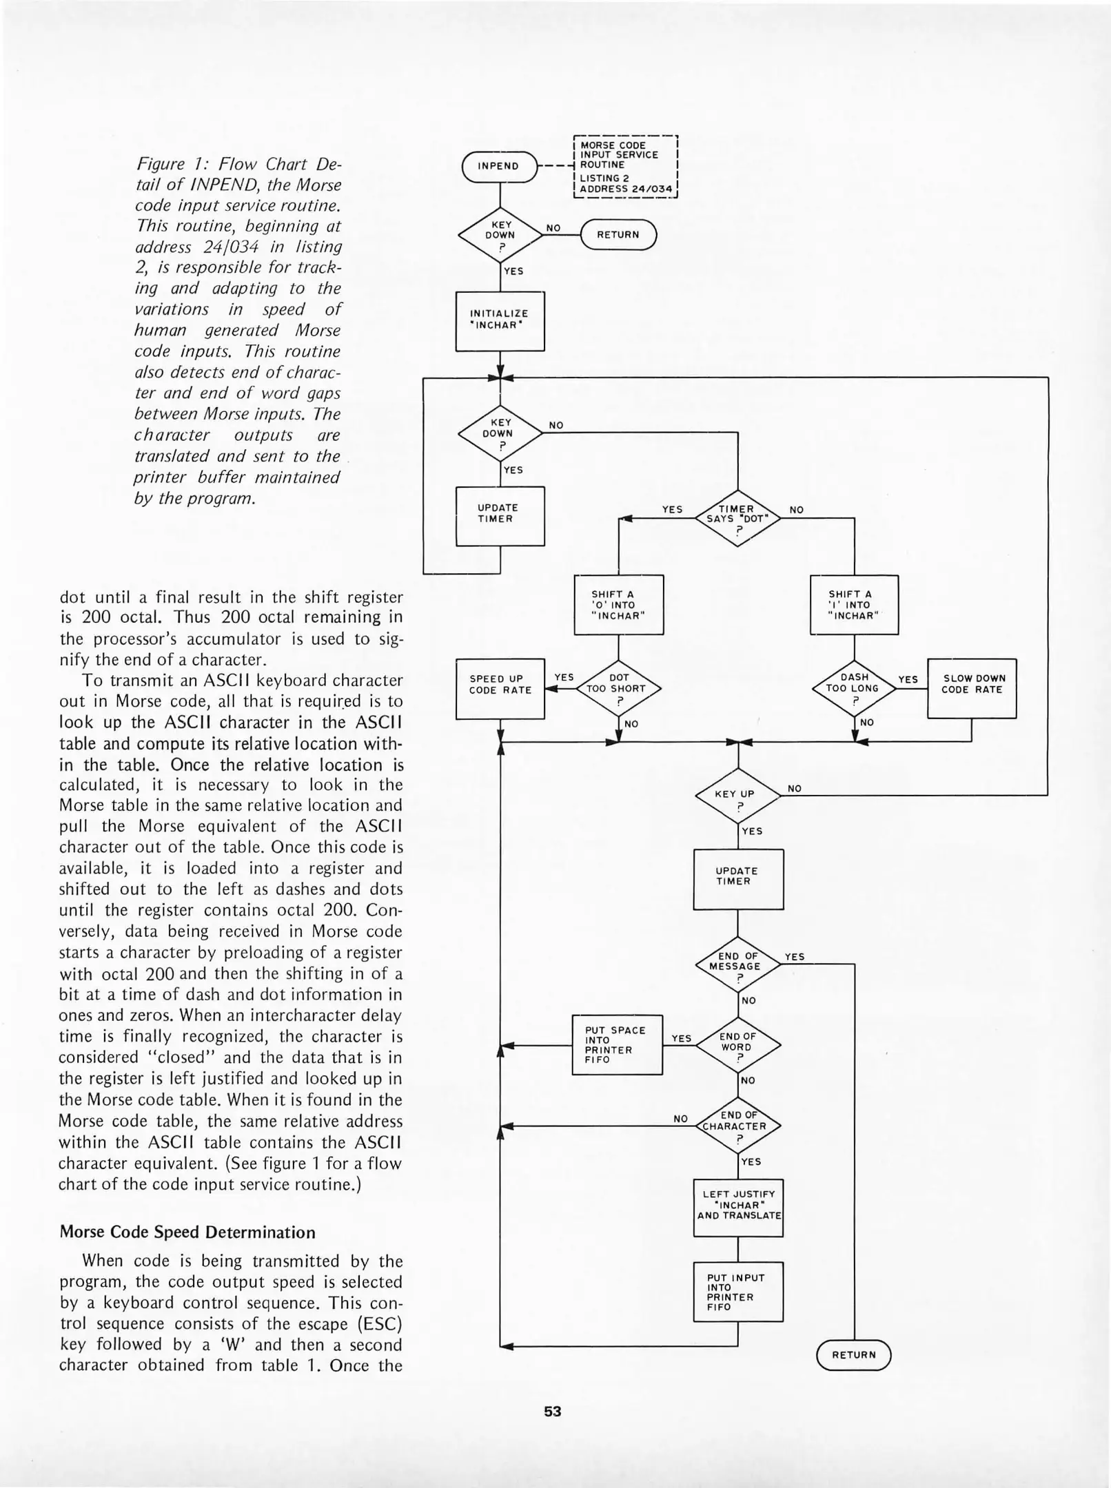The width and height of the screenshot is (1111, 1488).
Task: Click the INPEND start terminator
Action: (499, 166)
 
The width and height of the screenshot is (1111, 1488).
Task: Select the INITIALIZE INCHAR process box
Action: (500, 320)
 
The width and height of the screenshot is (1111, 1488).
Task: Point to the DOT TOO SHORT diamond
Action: (618, 688)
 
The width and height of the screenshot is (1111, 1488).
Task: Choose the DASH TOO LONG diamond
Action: (854, 688)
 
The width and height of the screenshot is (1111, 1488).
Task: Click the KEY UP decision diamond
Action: (737, 796)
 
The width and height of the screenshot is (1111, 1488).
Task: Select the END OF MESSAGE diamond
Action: (737, 963)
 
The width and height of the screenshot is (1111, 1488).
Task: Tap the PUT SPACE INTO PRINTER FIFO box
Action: (617, 1045)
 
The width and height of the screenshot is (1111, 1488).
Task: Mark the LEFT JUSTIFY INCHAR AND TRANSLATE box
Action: (737, 1208)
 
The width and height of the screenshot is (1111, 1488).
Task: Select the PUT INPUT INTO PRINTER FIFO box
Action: (737, 1292)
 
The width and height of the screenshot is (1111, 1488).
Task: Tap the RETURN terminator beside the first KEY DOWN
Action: (618, 235)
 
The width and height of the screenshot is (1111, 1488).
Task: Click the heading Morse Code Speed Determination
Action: (187, 1232)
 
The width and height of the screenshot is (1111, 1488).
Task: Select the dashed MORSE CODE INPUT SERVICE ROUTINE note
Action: (625, 166)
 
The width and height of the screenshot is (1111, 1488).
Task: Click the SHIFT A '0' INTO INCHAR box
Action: (618, 604)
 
